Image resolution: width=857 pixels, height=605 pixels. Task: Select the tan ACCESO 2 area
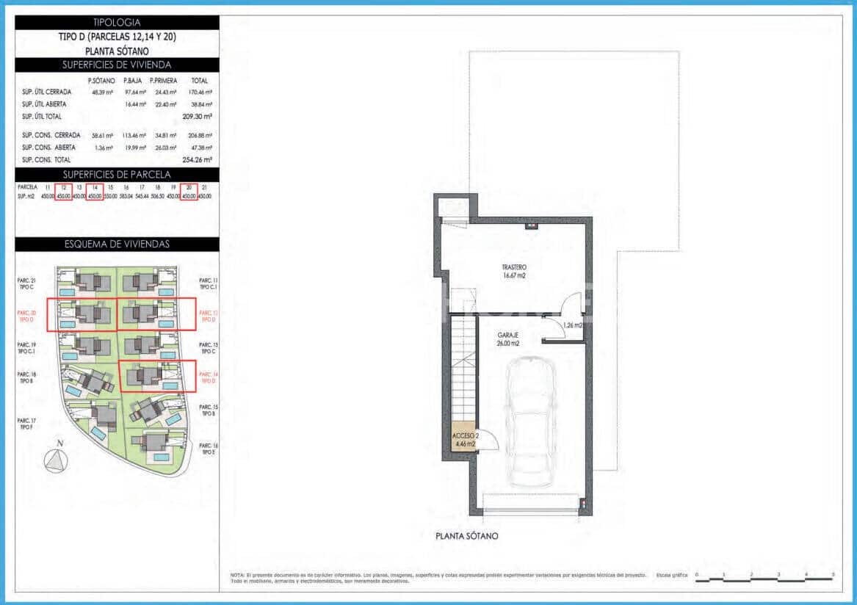466,440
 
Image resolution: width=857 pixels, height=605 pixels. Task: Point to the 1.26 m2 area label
573,325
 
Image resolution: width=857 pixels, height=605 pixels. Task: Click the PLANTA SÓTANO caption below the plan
466,536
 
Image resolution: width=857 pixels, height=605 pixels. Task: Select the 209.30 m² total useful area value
198,117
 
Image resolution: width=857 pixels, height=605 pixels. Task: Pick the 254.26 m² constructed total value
198,159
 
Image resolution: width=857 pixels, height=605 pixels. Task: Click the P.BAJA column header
133,81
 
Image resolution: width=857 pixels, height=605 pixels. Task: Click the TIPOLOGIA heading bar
117,23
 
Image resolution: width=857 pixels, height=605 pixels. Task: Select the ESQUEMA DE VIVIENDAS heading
117,244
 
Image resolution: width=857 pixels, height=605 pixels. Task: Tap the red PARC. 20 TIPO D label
26,316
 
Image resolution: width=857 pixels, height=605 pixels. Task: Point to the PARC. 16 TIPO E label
209,449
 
